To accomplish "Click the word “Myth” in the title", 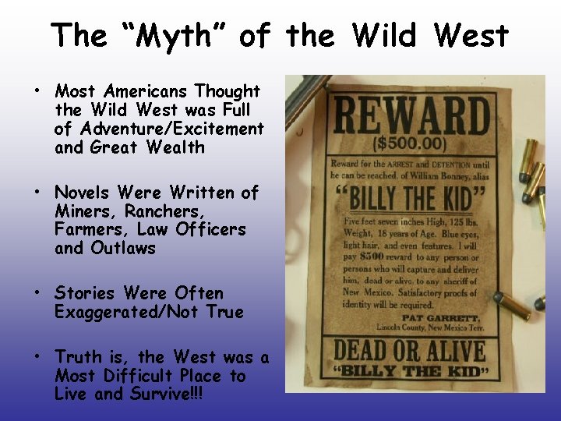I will [176, 36].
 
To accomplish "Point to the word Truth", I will [79, 357].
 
